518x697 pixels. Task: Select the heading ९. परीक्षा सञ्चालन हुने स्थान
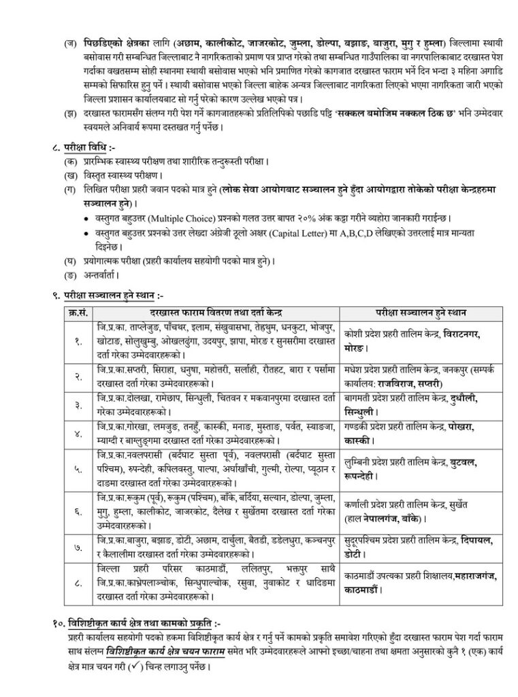pyautogui.click(x=95, y=295)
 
